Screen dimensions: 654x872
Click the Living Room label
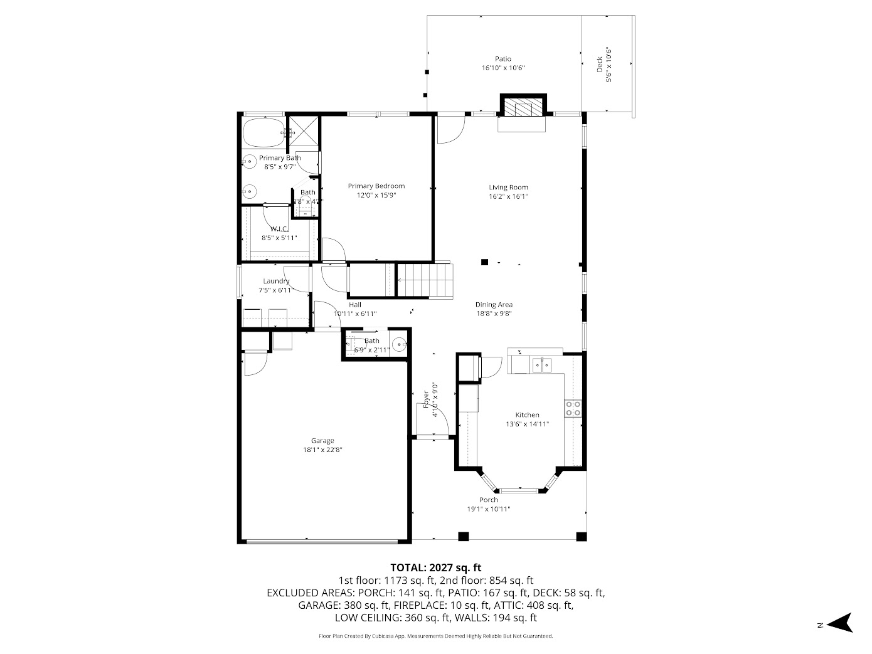[508, 187]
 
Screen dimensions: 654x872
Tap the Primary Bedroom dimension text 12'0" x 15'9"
[376, 195]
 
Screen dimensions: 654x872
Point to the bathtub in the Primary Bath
[263, 132]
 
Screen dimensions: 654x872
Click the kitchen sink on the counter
[540, 364]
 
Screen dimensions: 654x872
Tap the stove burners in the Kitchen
[573, 408]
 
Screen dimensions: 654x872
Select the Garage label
[322, 440]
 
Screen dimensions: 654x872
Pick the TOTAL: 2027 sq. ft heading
[435, 568]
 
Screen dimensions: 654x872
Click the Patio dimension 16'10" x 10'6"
[502, 68]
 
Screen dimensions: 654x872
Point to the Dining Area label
[494, 305]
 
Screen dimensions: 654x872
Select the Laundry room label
[276, 281]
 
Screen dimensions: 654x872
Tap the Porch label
[488, 500]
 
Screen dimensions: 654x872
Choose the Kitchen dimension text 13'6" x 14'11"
[527, 424]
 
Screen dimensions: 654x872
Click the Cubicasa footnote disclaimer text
[435, 636]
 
